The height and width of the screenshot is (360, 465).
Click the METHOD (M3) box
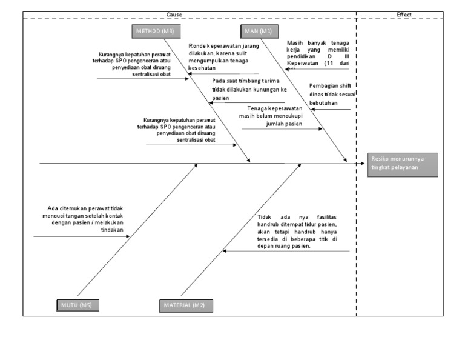(153, 31)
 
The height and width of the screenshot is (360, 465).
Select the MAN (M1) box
(259, 31)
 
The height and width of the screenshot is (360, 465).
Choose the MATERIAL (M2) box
(185, 305)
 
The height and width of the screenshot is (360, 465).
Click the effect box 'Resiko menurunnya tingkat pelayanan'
(402, 164)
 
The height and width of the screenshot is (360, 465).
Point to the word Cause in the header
(174, 14)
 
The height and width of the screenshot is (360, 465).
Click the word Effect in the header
(404, 14)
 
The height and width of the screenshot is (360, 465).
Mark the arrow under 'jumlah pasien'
(282, 129)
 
